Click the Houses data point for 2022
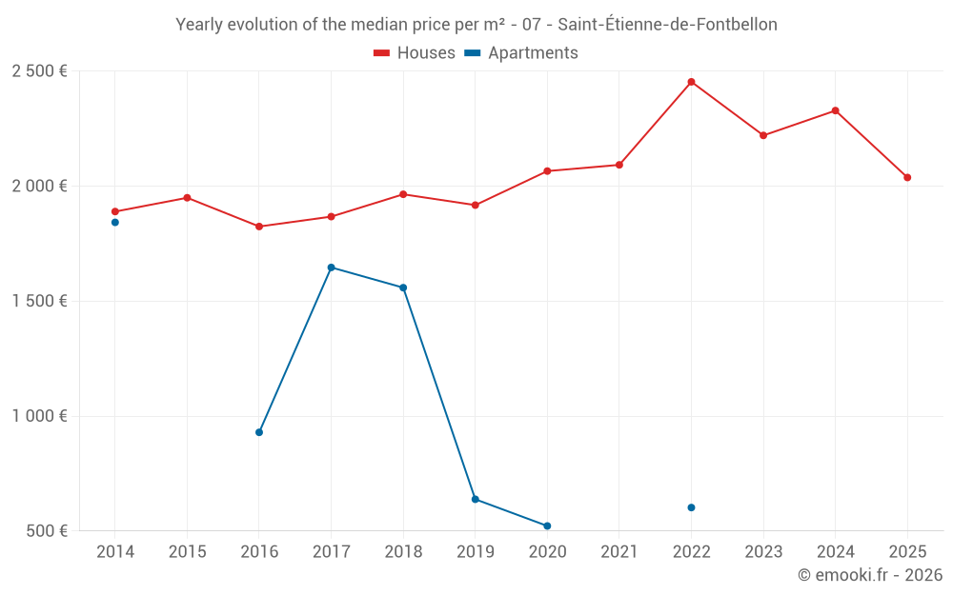691,82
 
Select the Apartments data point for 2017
331,268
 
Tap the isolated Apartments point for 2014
115,223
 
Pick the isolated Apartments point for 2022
691,507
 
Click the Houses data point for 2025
907,178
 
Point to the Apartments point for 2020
547,526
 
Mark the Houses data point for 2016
259,227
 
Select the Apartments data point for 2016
259,432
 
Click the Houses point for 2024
835,110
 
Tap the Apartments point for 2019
475,499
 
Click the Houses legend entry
415,53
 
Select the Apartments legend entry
521,53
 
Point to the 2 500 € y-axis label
39,71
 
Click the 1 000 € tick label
39,416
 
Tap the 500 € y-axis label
46,531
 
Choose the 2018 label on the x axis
403,552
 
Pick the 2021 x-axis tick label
619,552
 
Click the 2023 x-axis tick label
763,552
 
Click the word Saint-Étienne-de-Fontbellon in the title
667,25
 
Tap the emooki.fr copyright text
869,575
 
